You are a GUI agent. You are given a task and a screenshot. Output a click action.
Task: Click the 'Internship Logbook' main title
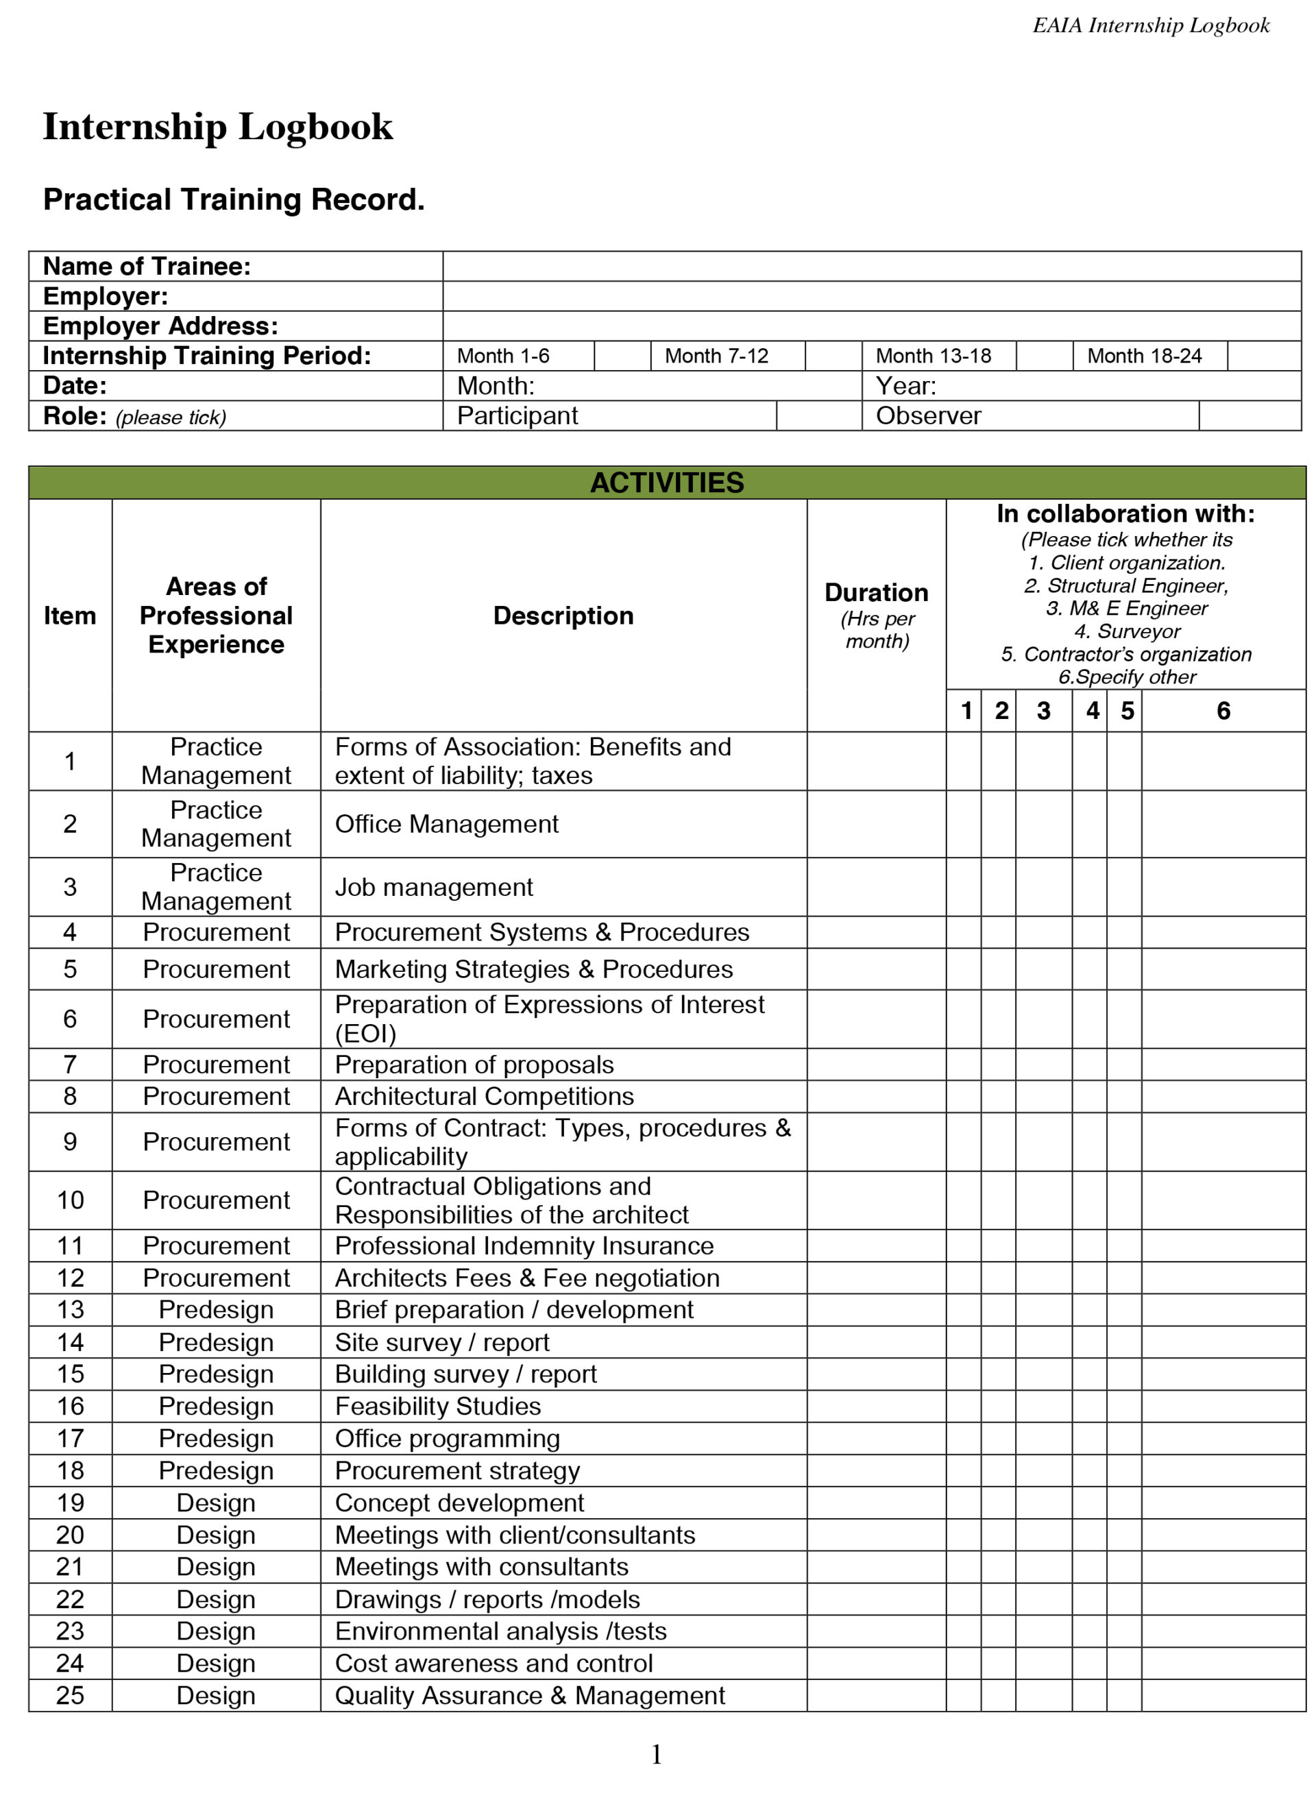(217, 126)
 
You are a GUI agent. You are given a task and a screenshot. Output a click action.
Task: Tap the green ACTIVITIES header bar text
(666, 482)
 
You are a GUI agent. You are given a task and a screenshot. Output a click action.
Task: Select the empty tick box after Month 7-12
(832, 356)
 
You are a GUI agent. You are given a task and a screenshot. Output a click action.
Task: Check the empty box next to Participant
(818, 415)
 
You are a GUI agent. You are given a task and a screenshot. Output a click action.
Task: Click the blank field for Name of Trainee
(870, 266)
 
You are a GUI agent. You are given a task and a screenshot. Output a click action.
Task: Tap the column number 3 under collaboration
(1043, 711)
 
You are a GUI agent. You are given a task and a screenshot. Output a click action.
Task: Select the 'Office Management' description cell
(446, 823)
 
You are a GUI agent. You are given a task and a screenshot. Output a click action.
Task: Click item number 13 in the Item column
(71, 1309)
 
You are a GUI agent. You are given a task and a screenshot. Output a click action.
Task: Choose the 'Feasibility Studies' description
(437, 1405)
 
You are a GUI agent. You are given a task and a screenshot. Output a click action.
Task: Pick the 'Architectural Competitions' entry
(484, 1096)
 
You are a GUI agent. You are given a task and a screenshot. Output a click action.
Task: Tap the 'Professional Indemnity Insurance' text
(524, 1245)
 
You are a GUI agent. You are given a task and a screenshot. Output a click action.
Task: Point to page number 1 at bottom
(657, 1755)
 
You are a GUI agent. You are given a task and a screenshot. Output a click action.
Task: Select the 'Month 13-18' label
(932, 356)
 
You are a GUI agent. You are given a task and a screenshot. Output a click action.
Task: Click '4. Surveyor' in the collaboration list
(1127, 631)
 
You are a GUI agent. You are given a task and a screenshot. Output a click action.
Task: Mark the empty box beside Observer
(1249, 415)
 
